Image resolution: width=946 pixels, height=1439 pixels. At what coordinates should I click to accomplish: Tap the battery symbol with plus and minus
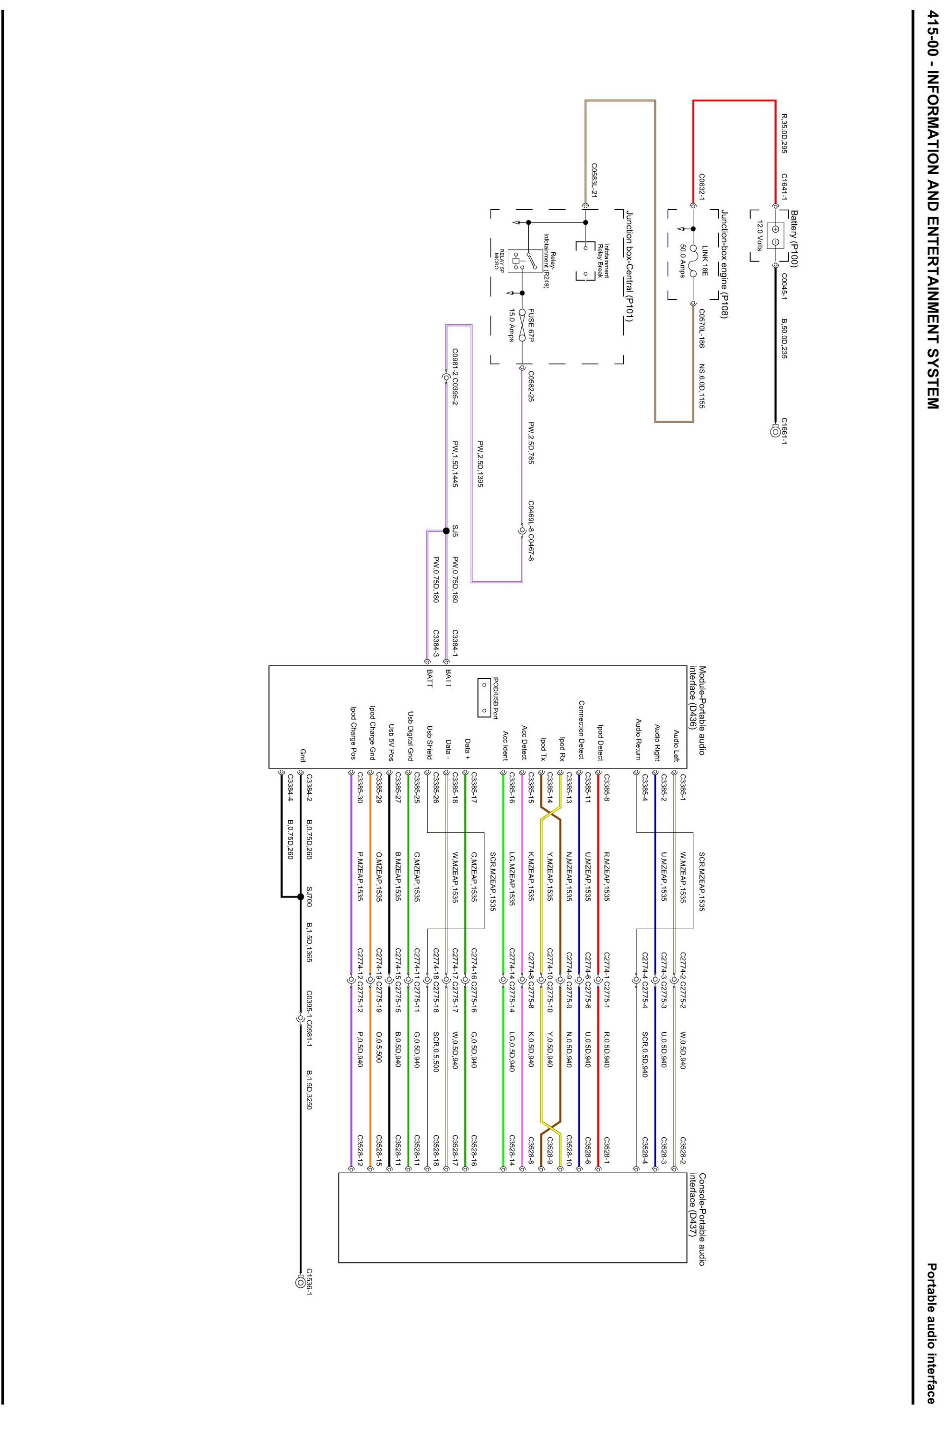(775, 236)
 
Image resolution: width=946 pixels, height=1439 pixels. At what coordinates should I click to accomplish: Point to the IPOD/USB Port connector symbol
(484, 696)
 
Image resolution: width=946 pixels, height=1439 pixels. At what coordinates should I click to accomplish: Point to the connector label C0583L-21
(594, 180)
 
